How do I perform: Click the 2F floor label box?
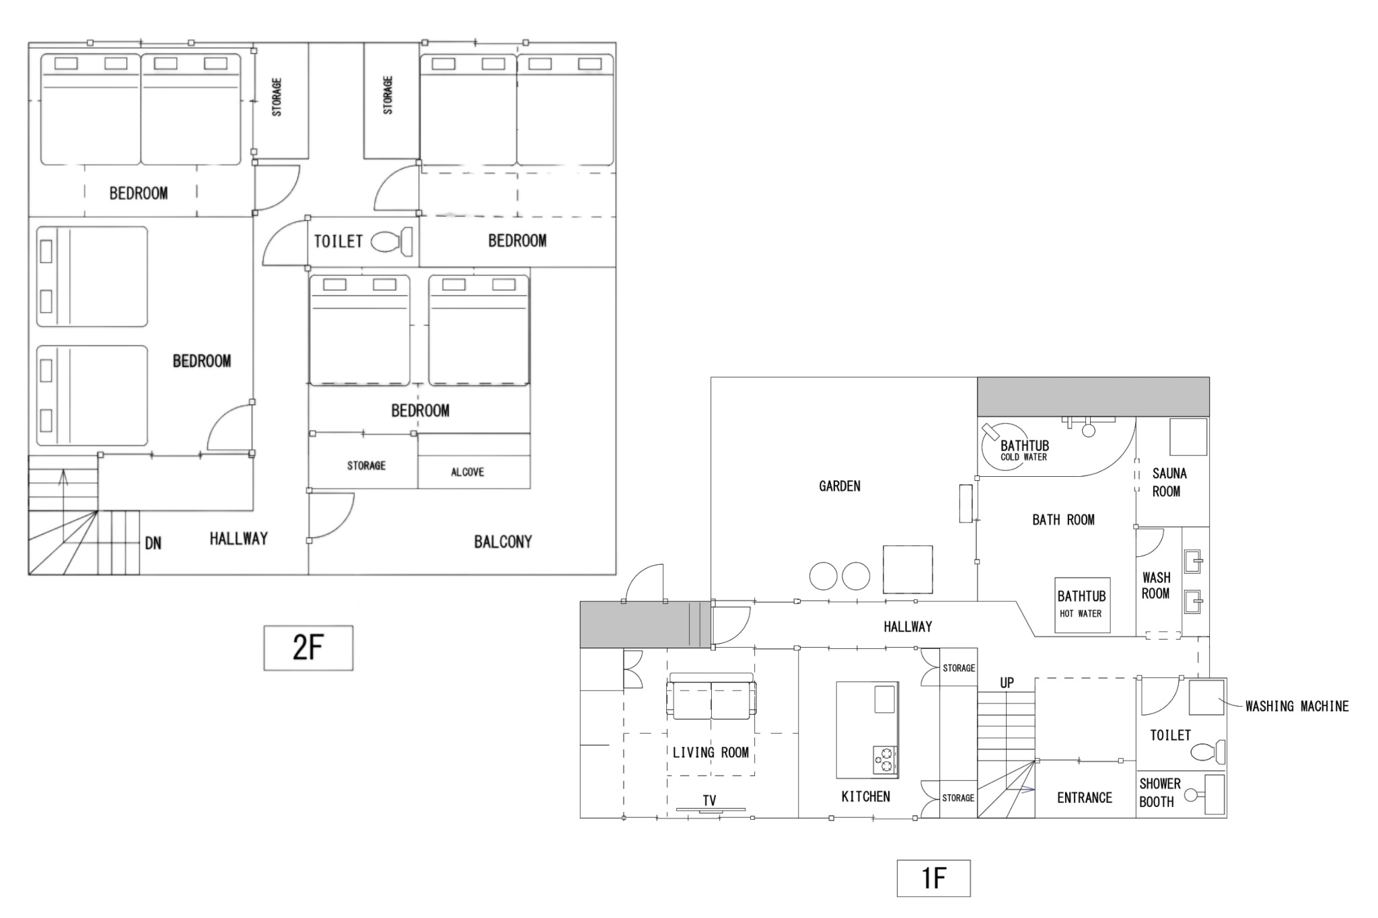[308, 648]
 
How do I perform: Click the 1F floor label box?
[933, 878]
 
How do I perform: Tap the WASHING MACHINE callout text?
[1297, 706]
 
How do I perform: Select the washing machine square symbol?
[1206, 697]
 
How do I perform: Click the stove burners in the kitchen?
[885, 759]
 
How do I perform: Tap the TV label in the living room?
[709, 800]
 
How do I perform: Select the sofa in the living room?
[711, 696]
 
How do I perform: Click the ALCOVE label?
[468, 472]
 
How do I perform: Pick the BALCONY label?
[503, 541]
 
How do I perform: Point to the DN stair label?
[153, 543]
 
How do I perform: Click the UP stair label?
[1007, 683]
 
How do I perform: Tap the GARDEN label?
[840, 486]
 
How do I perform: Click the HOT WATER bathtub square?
[1082, 605]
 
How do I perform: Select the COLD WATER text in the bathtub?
[1023, 457]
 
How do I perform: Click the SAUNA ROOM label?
[1169, 482]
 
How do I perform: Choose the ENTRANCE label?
[1084, 798]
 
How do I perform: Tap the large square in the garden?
[908, 569]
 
